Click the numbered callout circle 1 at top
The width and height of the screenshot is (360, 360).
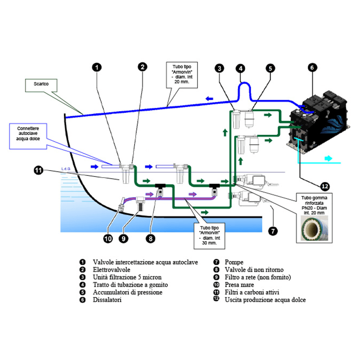click(97, 67)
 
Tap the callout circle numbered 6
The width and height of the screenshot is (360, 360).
click(311, 68)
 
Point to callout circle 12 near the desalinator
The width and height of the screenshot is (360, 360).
click(324, 184)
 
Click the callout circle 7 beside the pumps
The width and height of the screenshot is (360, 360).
click(272, 231)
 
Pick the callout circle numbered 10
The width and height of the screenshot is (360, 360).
click(108, 239)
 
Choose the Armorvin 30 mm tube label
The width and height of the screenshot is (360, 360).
click(208, 235)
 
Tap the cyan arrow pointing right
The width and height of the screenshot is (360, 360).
click(328, 158)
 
